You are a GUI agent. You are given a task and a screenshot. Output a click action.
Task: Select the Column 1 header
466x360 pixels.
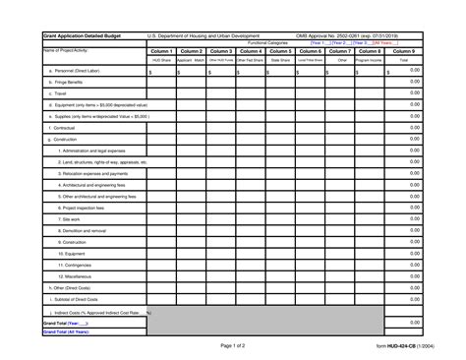[162, 51]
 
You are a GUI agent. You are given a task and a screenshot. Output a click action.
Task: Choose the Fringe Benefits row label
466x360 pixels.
[68, 83]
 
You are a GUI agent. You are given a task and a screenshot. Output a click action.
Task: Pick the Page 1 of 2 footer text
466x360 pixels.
[233, 345]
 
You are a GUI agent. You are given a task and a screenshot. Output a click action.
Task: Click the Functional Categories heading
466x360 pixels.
[267, 43]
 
